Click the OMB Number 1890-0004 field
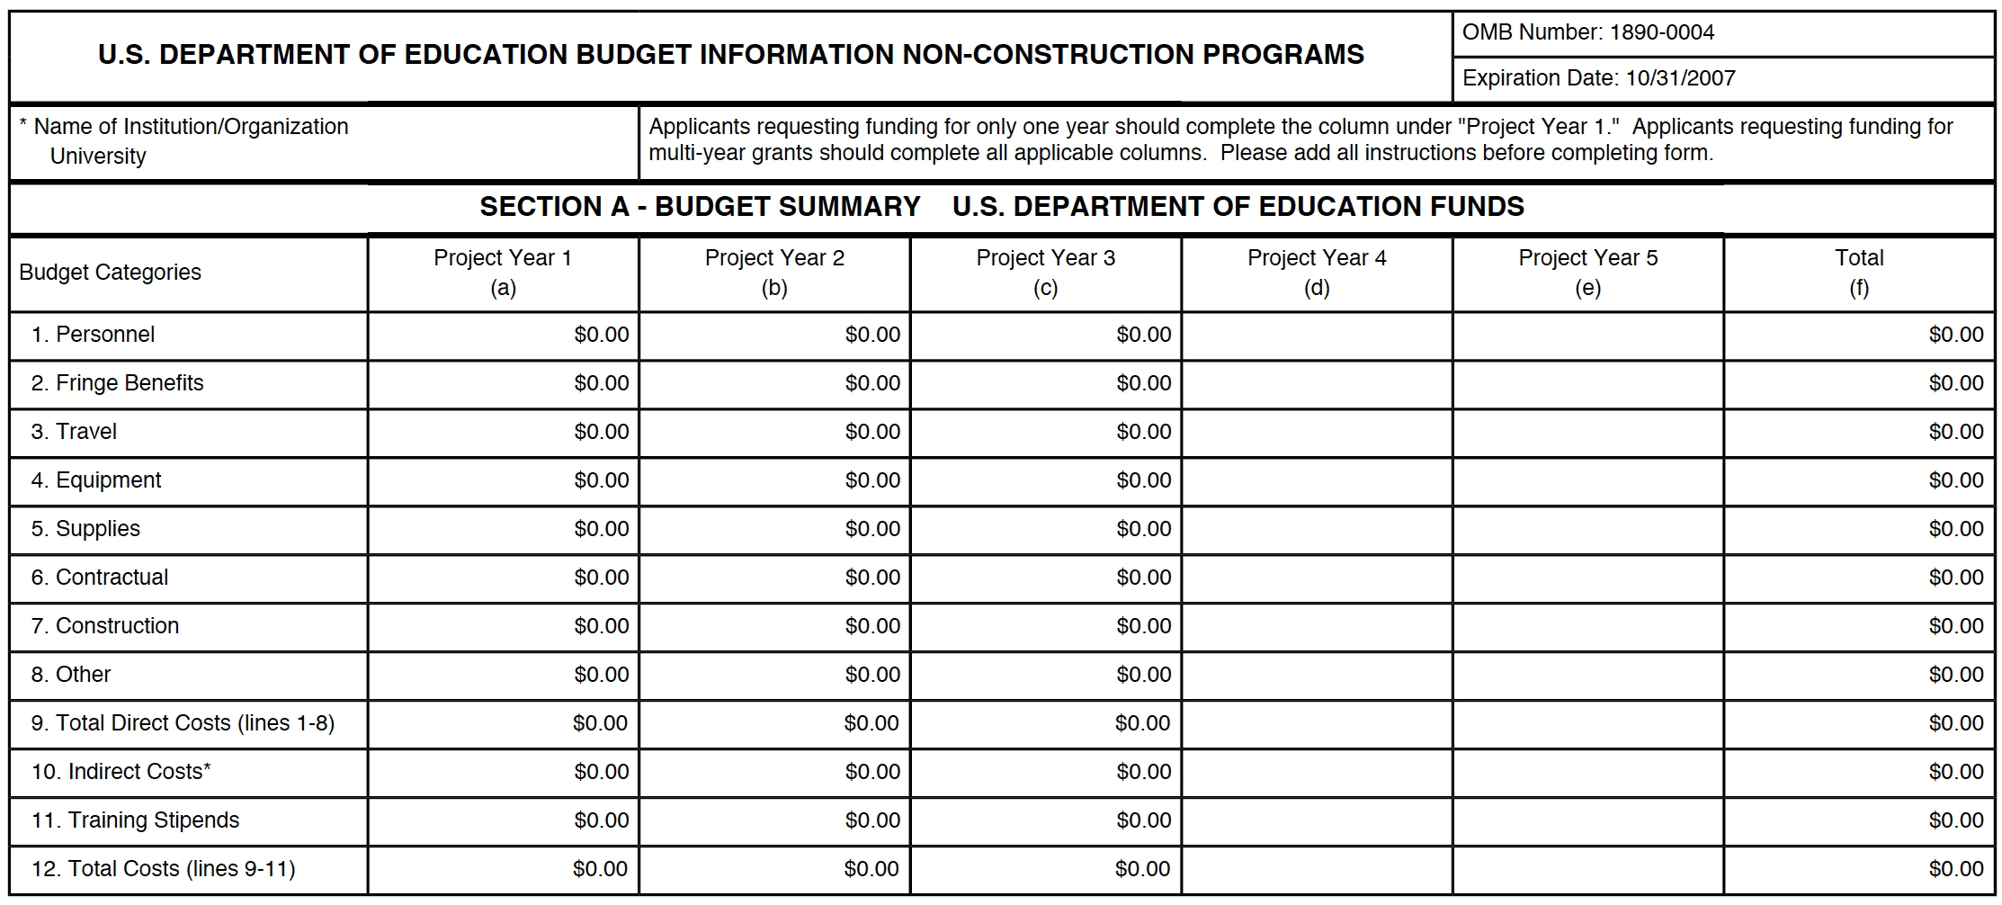pos(1587,32)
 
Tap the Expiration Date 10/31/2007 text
pos(1598,78)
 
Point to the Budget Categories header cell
pos(110,273)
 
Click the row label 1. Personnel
pos(93,335)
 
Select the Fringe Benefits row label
pos(117,383)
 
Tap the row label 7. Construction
pos(105,626)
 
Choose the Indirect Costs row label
pos(121,772)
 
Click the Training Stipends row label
pos(135,820)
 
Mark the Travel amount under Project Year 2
pos(872,432)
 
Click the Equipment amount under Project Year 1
pos(601,480)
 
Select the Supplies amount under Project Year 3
pos(1143,529)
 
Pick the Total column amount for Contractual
pos(1955,578)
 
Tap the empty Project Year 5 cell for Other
pos(1587,675)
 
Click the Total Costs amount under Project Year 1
pos(600,869)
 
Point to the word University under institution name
pos(98,157)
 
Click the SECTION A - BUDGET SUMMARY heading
pos(700,207)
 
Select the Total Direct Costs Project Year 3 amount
pos(1142,723)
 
